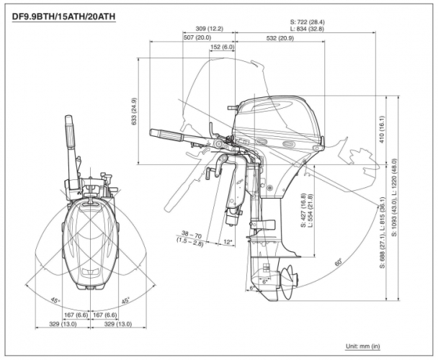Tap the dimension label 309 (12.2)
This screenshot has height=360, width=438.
(x=208, y=29)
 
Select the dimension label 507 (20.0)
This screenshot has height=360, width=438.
(x=197, y=37)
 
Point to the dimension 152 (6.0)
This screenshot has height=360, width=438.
(x=223, y=47)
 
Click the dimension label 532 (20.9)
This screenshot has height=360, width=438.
(x=279, y=37)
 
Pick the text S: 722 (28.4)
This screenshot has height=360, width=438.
(x=305, y=22)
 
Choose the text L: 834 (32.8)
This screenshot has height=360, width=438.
(x=305, y=29)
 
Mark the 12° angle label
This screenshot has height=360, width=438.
(x=228, y=242)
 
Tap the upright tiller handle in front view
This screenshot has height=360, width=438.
(x=71, y=140)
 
